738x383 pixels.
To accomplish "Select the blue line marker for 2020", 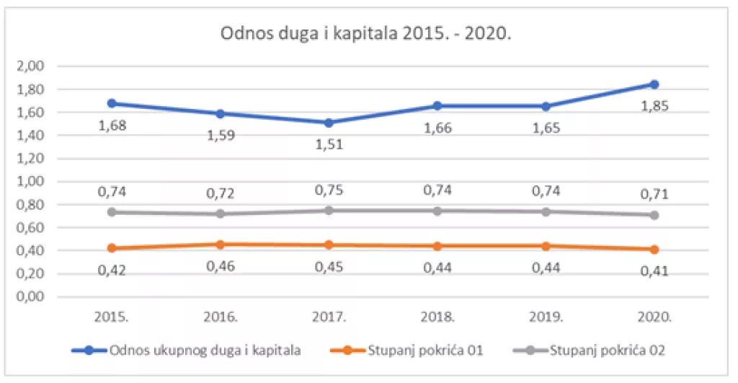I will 654,84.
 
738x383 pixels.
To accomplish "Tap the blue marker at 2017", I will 329,123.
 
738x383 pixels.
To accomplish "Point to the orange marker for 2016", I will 220,245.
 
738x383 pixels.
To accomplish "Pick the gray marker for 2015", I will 112,212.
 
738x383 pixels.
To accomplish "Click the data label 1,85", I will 654,106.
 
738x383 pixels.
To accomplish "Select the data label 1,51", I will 329,144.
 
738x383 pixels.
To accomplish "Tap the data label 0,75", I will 329,190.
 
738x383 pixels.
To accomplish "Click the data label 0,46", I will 220,266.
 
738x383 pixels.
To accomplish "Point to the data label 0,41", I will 654,272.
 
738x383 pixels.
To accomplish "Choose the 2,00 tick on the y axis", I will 31,66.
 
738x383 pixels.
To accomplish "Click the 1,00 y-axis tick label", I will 31,182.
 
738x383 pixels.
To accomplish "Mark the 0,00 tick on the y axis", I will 31,297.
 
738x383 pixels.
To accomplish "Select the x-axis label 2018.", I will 437,317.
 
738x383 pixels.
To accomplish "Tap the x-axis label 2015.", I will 112,317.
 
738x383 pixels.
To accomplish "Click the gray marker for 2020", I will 654,215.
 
